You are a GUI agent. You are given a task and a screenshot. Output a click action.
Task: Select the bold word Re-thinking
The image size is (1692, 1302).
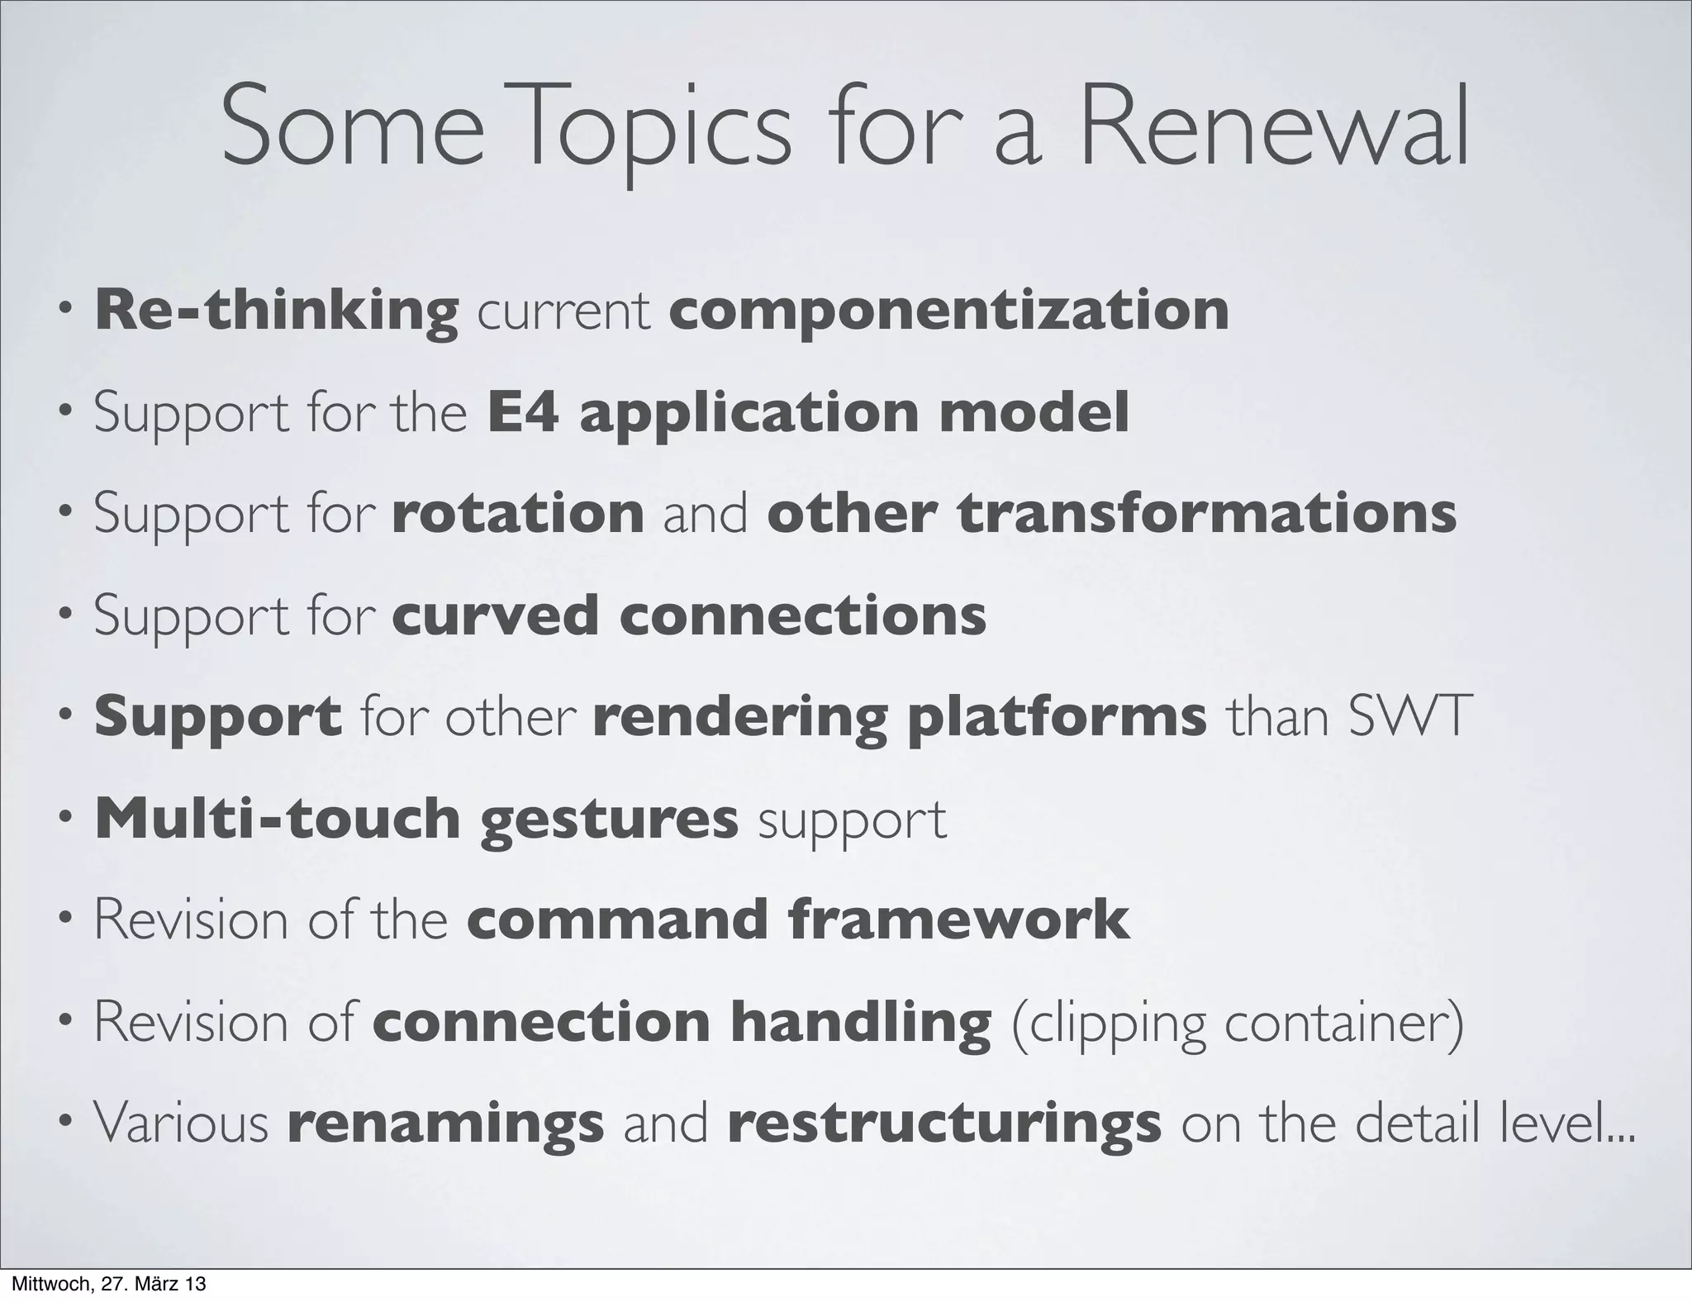click(277, 311)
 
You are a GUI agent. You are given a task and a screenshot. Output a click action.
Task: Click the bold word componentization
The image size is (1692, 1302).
click(948, 311)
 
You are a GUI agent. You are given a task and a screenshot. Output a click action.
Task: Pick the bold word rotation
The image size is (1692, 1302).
click(518, 513)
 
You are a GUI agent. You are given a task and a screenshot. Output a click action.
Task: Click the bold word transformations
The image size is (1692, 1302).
click(1206, 513)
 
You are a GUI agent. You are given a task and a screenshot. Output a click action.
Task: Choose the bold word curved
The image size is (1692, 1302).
click(495, 615)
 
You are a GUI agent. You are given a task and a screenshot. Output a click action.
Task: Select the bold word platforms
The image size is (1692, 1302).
click(1057, 716)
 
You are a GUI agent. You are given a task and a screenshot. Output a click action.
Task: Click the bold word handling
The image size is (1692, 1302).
click(860, 1023)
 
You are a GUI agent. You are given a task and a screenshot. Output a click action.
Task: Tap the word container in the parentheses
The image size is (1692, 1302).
click(1343, 1023)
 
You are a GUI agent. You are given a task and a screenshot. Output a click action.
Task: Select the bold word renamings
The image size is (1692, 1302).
click(445, 1124)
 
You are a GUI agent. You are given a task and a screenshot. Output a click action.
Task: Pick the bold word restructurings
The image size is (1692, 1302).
click(944, 1124)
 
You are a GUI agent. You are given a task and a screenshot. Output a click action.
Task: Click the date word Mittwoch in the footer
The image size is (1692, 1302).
click(45, 1285)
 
